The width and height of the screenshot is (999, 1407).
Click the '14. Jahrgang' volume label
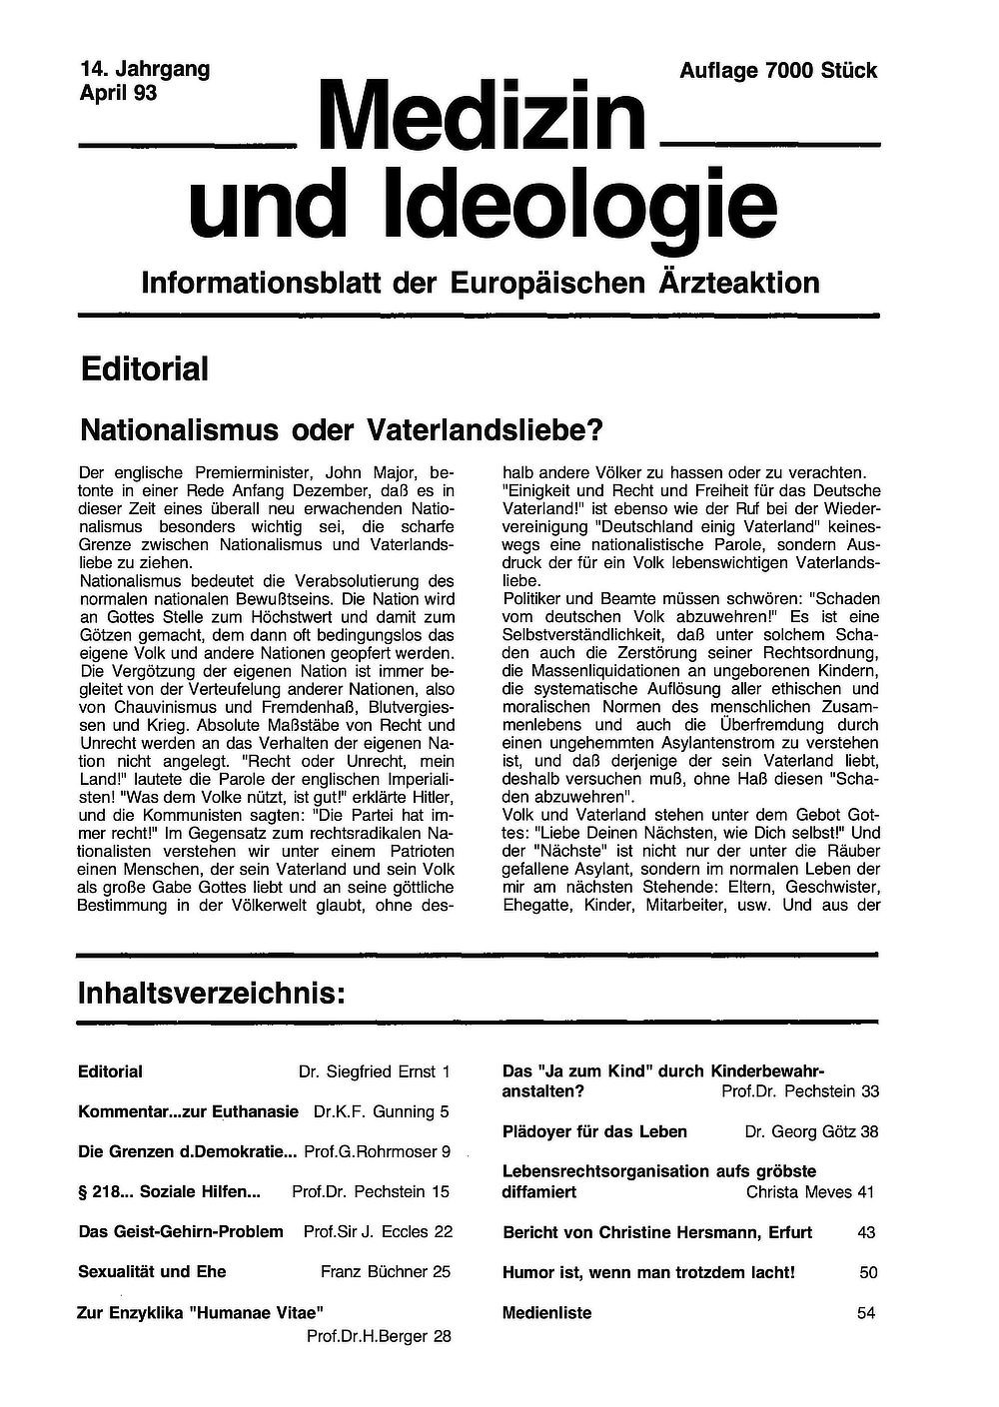tap(145, 70)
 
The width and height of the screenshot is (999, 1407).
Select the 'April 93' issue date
tap(118, 94)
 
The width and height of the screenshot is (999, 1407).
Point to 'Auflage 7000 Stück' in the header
tap(777, 71)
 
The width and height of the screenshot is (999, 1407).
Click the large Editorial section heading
tap(145, 369)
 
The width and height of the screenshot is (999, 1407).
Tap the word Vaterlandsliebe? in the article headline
tap(488, 430)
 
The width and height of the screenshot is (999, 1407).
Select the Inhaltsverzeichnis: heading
tap(211, 995)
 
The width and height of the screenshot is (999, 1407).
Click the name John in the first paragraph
tap(337, 472)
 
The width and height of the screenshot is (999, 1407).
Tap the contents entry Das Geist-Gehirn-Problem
tap(181, 1232)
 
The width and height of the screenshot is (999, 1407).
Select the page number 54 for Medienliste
tap(866, 1313)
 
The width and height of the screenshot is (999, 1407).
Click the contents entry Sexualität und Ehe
tap(152, 1272)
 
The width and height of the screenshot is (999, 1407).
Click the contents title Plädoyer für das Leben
tap(594, 1132)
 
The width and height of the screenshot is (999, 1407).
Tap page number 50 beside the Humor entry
tap(868, 1273)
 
